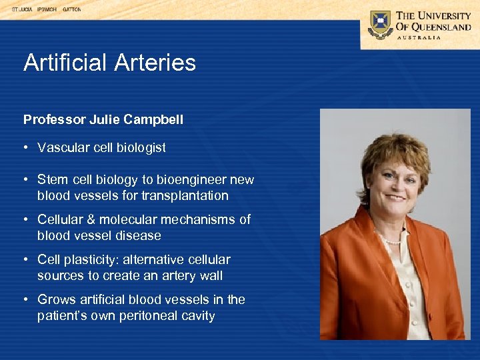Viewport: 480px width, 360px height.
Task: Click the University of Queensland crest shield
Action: coord(381,24)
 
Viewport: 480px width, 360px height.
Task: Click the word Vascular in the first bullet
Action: coord(63,148)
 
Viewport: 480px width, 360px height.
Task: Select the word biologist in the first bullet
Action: coord(141,148)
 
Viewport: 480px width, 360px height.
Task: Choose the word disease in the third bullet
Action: coord(139,236)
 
